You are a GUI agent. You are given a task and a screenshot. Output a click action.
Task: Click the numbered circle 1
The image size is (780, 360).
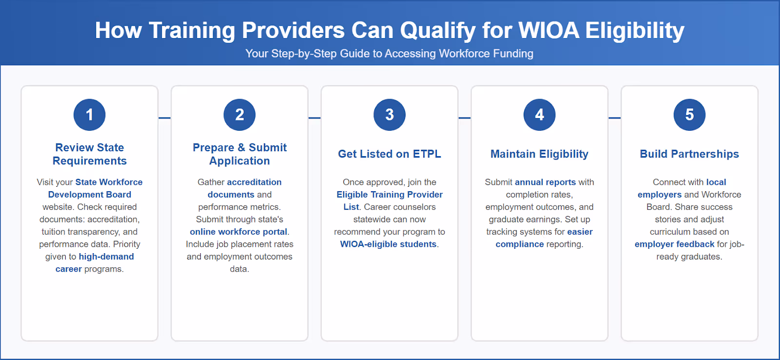(x=90, y=115)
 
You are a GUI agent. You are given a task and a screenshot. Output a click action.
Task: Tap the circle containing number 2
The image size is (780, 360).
(x=239, y=115)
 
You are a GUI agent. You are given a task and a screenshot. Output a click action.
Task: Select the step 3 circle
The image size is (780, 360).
(x=390, y=115)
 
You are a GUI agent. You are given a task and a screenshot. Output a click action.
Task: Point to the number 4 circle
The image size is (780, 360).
(x=539, y=115)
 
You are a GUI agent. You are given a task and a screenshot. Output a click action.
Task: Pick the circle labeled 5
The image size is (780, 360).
(x=689, y=115)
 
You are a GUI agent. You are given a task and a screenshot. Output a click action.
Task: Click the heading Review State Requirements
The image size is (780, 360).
(x=90, y=154)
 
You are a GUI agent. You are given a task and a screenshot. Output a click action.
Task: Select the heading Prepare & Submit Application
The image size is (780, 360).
(x=239, y=154)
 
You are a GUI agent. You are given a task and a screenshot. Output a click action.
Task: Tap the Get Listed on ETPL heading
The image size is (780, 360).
(x=390, y=154)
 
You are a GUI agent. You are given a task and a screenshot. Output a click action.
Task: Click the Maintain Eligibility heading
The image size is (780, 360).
(x=539, y=154)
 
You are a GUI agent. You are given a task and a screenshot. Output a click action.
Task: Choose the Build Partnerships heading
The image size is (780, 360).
(x=689, y=154)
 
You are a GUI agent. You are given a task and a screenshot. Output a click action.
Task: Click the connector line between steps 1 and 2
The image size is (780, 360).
(x=165, y=118)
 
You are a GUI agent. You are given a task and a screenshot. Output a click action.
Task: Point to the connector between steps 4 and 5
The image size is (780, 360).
(x=614, y=118)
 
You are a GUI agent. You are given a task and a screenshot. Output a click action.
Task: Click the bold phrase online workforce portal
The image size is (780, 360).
(x=238, y=232)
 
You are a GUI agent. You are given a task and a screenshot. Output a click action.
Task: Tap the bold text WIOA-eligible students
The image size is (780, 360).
(x=388, y=244)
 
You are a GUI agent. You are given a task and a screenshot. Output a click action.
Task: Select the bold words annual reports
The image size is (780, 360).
(x=545, y=182)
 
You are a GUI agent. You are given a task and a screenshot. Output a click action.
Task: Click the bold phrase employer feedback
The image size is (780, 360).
(x=674, y=244)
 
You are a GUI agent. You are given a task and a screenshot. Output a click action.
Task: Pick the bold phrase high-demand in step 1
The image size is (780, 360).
(x=106, y=257)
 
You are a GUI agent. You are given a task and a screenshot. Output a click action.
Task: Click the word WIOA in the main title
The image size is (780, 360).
(x=548, y=30)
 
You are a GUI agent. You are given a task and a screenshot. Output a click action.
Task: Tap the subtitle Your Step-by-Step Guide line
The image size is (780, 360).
(x=390, y=54)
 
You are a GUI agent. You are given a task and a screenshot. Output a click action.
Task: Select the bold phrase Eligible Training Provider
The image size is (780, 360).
(x=390, y=195)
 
